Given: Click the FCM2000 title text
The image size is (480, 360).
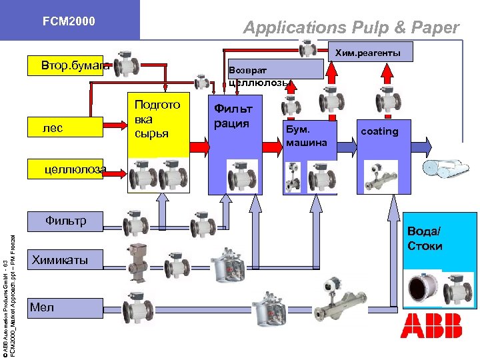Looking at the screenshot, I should [x=69, y=21].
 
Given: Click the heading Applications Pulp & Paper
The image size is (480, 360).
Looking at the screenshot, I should [x=351, y=27].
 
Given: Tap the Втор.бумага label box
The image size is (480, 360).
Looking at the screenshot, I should [x=67, y=67].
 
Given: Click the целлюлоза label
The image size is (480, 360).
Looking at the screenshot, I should [x=75, y=170].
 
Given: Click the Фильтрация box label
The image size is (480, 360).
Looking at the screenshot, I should [x=233, y=115].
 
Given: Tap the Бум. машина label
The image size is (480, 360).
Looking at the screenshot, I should [x=306, y=135].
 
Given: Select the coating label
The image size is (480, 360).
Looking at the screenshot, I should [x=379, y=131].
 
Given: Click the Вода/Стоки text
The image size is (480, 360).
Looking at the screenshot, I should [x=425, y=239].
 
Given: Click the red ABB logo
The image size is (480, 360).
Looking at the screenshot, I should [x=431, y=325].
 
